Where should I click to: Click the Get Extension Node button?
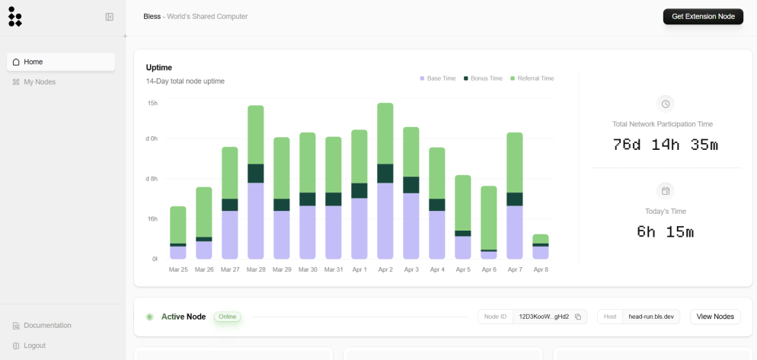click(x=703, y=17)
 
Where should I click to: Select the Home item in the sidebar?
click(x=61, y=62)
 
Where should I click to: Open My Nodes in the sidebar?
click(x=34, y=82)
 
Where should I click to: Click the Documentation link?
click(x=42, y=325)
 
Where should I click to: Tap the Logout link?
click(x=29, y=346)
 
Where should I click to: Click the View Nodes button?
click(x=715, y=317)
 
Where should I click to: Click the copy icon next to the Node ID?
click(x=578, y=317)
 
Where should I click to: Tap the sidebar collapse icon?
click(x=110, y=17)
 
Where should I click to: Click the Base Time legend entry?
click(x=438, y=78)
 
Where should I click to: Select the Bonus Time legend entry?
click(x=484, y=78)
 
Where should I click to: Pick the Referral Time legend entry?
click(x=532, y=78)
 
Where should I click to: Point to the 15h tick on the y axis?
click(x=152, y=104)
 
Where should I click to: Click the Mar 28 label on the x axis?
click(x=256, y=269)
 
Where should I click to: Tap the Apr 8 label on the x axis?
click(x=540, y=269)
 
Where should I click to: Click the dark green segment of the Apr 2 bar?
click(x=385, y=174)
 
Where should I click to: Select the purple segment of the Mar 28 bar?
click(x=256, y=221)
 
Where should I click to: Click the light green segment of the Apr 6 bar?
click(x=489, y=218)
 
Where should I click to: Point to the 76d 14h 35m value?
click(x=666, y=145)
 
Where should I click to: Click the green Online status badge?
click(x=228, y=317)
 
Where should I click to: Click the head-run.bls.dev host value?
click(x=651, y=317)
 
